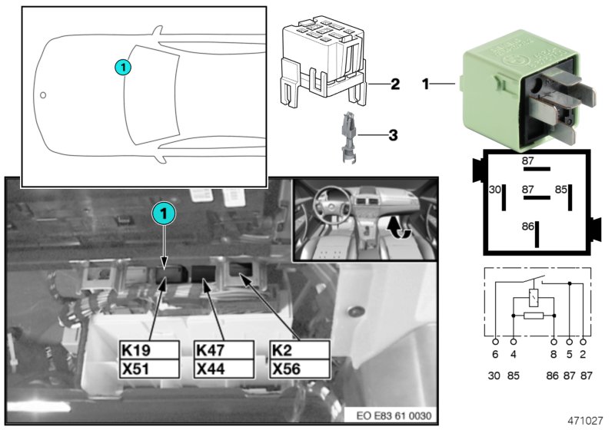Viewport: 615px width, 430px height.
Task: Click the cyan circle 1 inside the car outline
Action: coord(125,68)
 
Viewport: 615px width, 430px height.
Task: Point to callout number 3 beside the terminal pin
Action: coord(394,137)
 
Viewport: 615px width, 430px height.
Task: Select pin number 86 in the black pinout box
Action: coord(527,227)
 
